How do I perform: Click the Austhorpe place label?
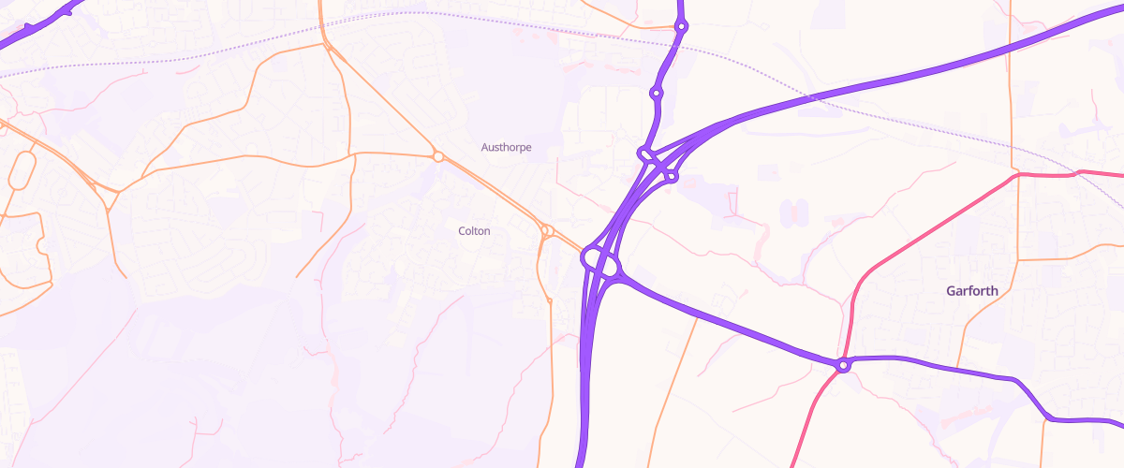(x=507, y=147)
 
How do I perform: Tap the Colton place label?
(x=474, y=231)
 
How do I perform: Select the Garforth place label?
(x=972, y=291)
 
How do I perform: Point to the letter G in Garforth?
(x=951, y=291)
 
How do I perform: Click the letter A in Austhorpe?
(x=485, y=147)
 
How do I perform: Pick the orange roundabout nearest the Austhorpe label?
(x=437, y=156)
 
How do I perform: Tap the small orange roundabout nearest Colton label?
(x=545, y=229)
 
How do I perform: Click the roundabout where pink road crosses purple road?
(x=844, y=365)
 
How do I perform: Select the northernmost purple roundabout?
(x=681, y=27)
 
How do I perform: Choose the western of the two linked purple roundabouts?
(x=645, y=154)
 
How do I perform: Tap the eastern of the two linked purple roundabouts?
(x=672, y=175)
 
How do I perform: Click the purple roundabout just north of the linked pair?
(x=657, y=93)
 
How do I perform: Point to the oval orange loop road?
(x=22, y=171)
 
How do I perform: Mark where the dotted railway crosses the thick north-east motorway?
(x=811, y=96)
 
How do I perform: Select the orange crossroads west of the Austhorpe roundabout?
(x=352, y=154)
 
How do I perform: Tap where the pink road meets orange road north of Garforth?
(x=1018, y=174)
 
